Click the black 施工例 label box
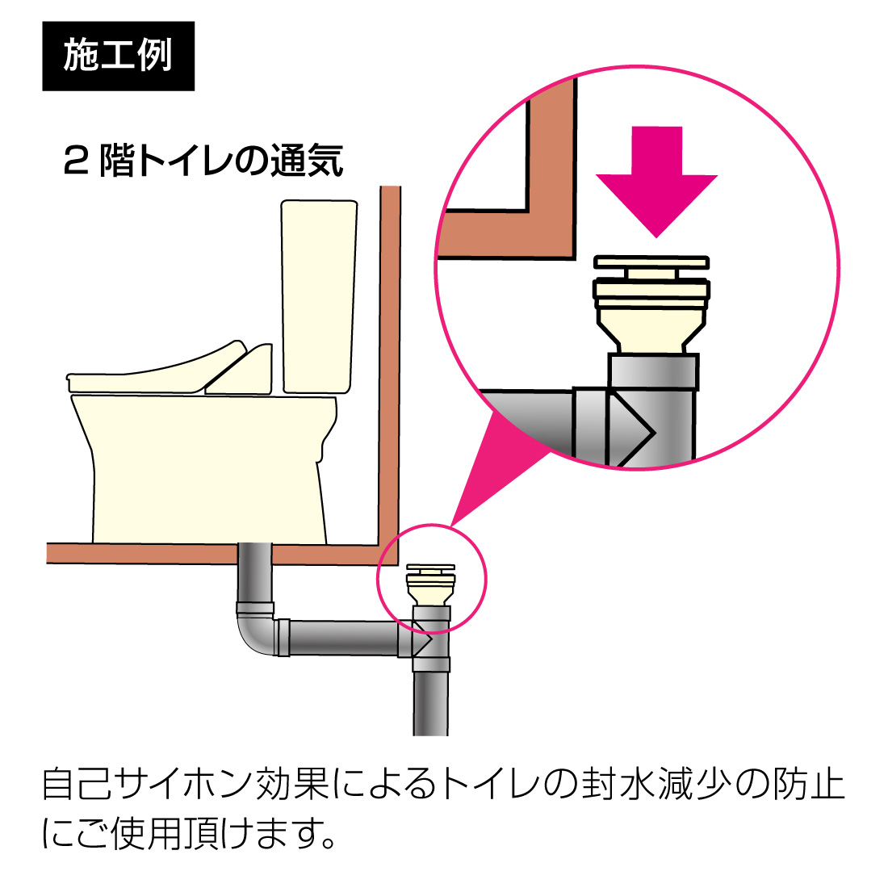(x=118, y=56)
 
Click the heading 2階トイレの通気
(x=203, y=161)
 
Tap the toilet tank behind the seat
(x=318, y=295)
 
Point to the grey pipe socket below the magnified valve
(x=652, y=373)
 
